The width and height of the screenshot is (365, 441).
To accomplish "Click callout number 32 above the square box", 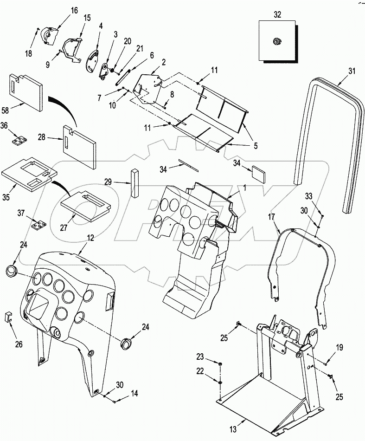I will pos(277,14).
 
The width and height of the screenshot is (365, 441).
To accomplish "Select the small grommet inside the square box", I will pos(277,41).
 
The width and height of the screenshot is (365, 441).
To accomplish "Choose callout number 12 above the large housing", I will pos(90,237).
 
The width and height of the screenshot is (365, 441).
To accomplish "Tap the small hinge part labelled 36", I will pos(19,140).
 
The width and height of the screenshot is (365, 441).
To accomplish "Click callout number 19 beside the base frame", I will pos(339,347).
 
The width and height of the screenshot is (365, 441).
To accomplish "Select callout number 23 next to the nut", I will pos(199,357).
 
